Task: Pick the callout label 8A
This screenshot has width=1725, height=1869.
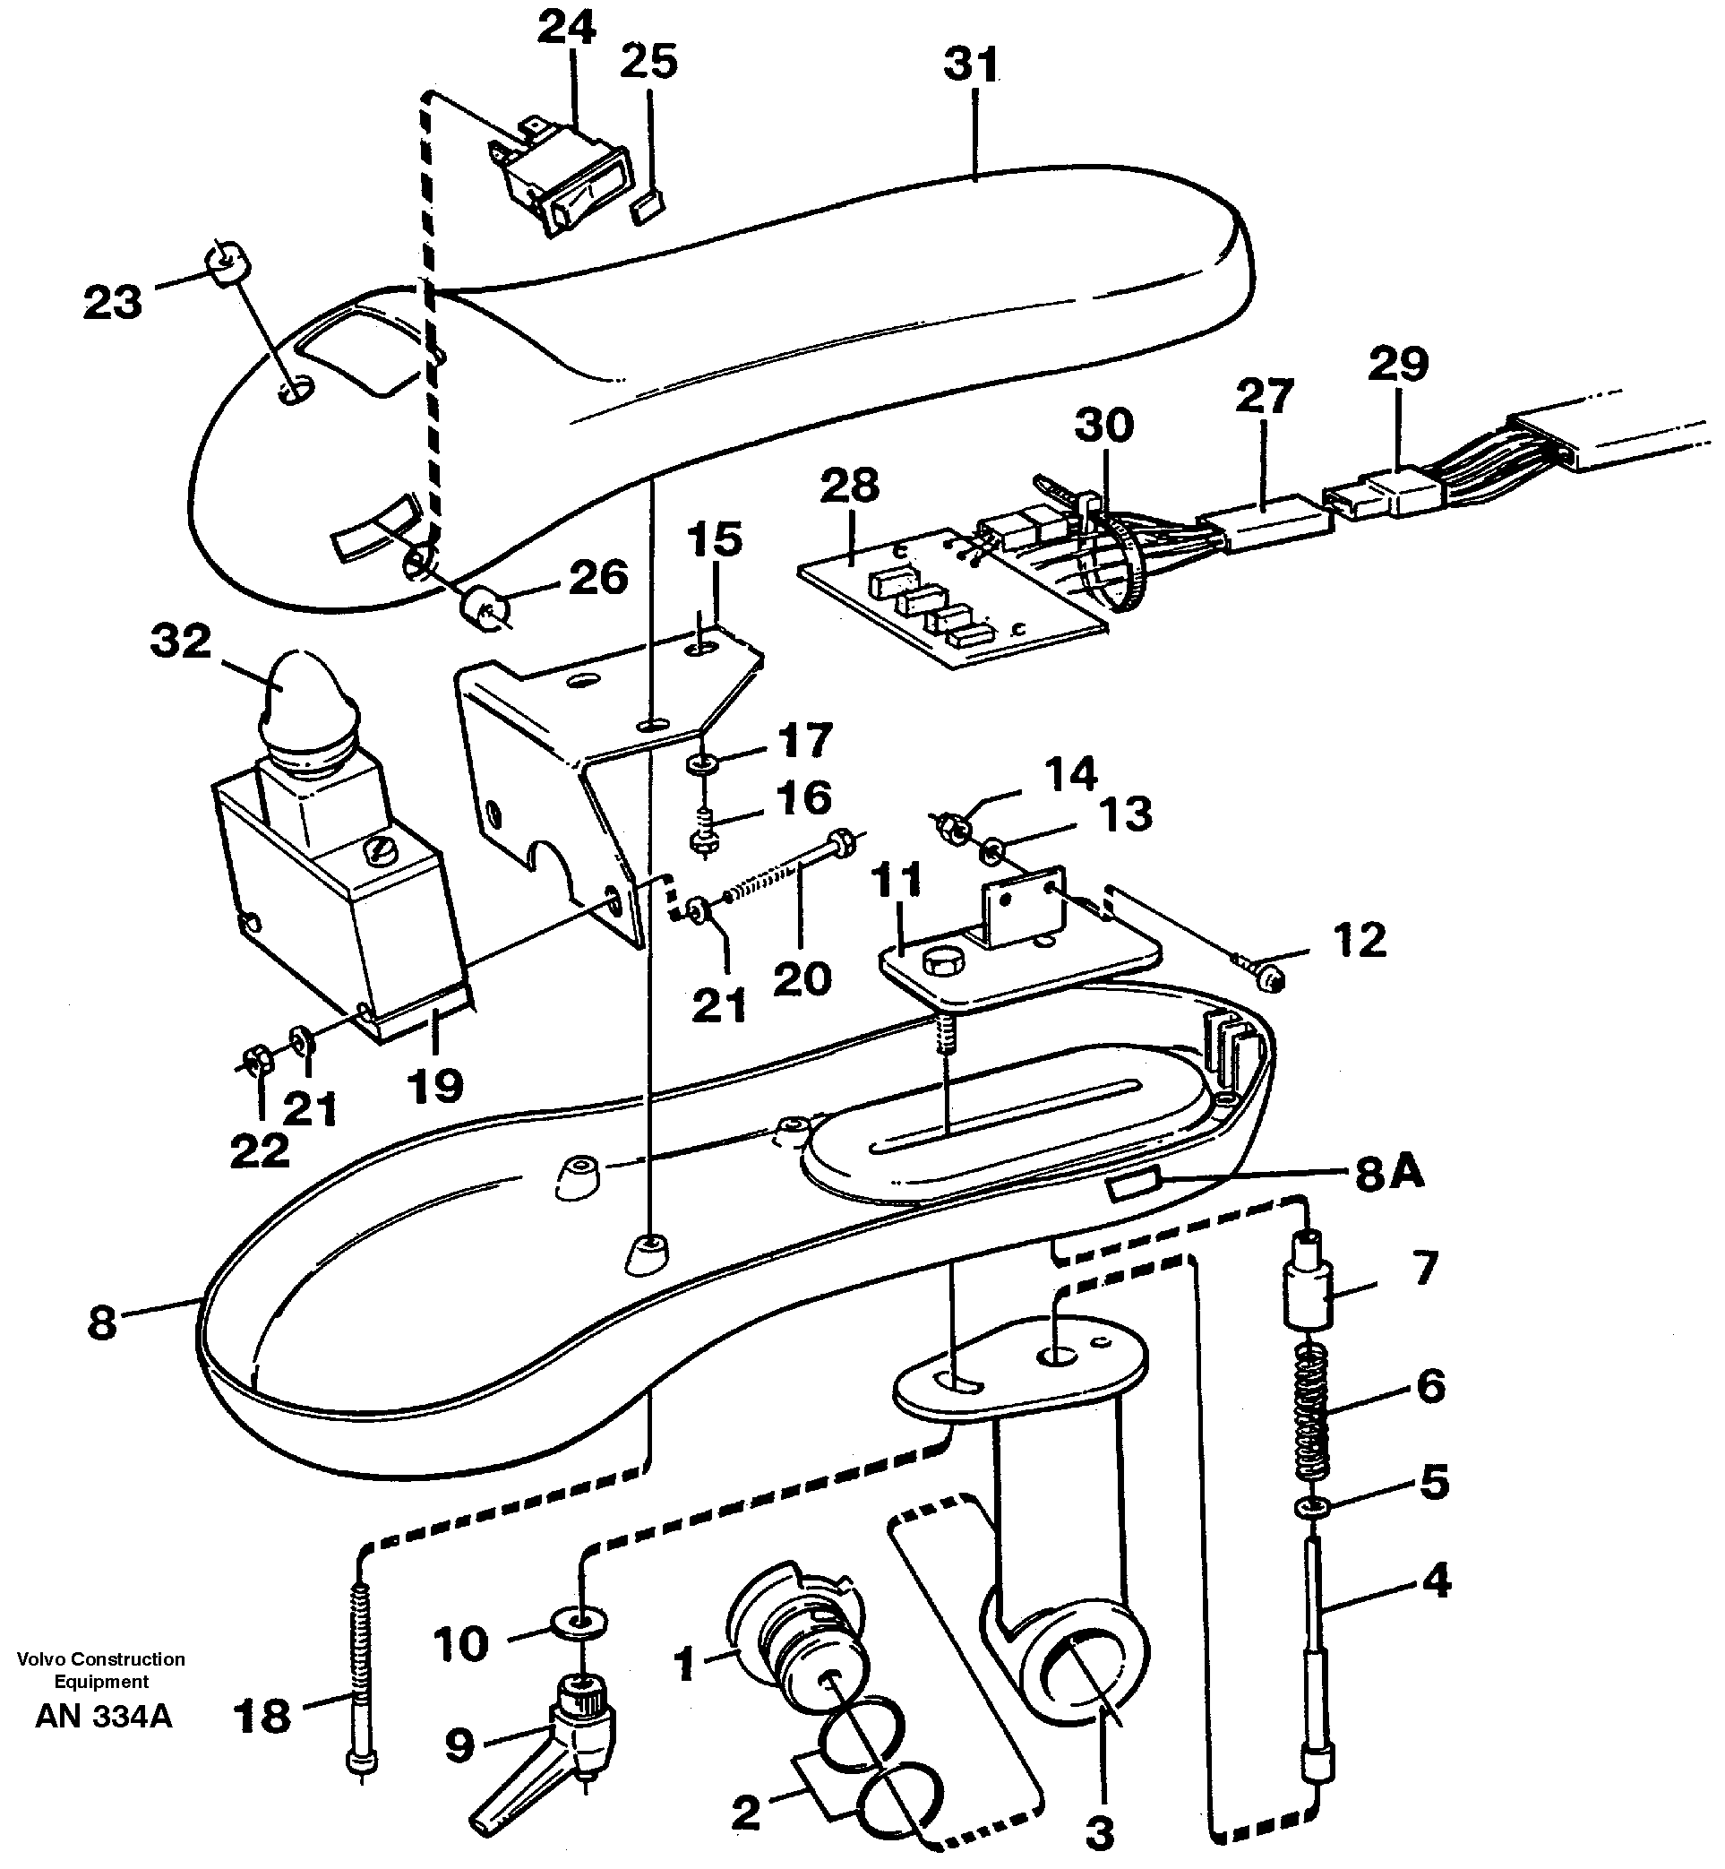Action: coord(1389,1174)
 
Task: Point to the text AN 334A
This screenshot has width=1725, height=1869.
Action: coord(104,1716)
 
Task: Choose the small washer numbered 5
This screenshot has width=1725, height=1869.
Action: coord(1313,1506)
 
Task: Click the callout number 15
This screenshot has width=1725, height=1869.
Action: coord(714,540)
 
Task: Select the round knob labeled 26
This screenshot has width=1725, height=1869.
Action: coord(485,607)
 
